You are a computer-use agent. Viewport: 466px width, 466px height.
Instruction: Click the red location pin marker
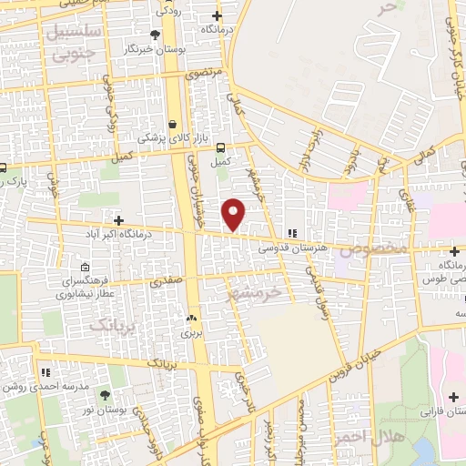click(235, 214)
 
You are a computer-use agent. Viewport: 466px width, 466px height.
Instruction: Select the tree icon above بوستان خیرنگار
click(155, 34)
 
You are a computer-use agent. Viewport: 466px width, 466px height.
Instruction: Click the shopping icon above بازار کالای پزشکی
click(173, 124)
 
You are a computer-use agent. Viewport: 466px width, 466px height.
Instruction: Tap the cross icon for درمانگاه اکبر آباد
click(118, 220)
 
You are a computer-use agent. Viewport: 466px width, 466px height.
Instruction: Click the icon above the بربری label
click(191, 319)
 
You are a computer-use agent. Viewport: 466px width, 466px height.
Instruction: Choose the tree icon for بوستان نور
click(103, 394)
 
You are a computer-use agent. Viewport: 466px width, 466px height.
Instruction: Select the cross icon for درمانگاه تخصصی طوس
click(454, 250)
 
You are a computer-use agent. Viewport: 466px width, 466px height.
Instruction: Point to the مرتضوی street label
click(202, 73)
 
